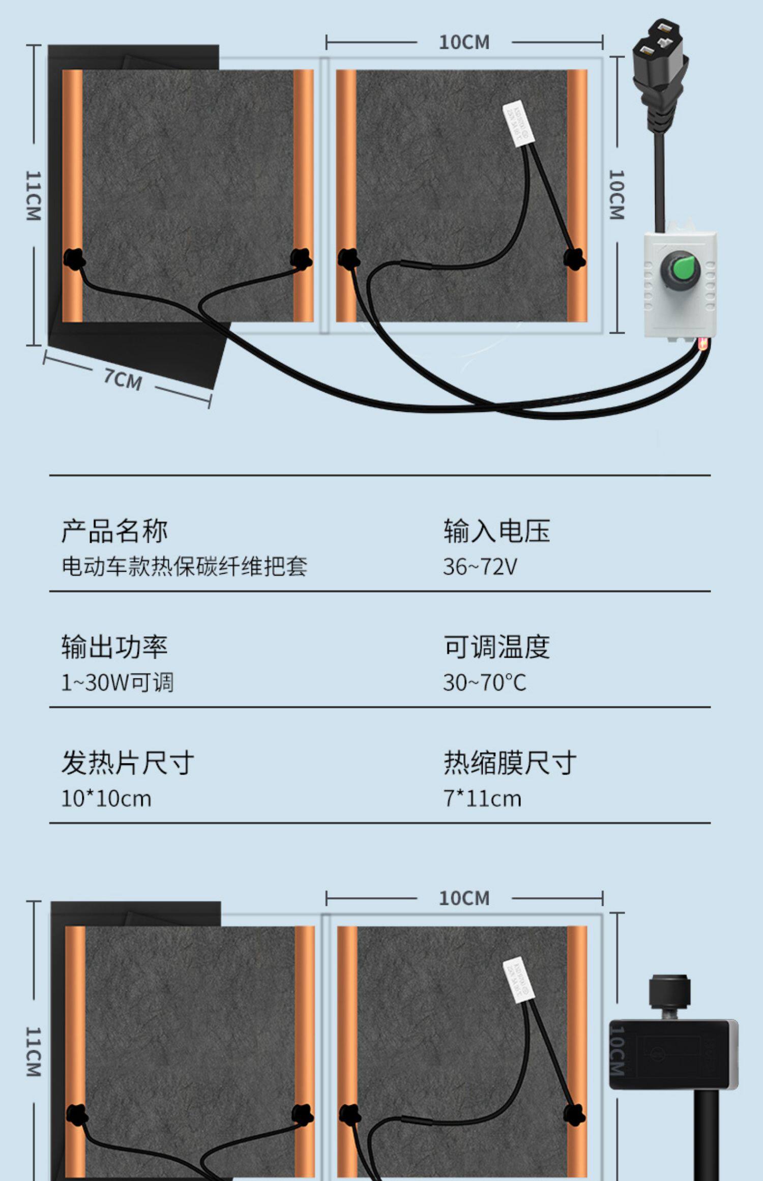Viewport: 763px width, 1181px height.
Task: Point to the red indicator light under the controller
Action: (x=703, y=345)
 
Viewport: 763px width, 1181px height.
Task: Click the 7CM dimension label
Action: (x=123, y=379)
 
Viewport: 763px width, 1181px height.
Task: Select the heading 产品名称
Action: (x=114, y=531)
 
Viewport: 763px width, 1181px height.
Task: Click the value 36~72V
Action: (x=480, y=567)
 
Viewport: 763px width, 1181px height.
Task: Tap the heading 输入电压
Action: (x=496, y=531)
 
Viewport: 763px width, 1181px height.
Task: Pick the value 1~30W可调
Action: (x=118, y=683)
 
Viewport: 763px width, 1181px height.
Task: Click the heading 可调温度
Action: (x=496, y=647)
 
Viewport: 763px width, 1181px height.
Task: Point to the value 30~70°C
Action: (x=484, y=683)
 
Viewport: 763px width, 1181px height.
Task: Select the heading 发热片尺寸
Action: (x=128, y=763)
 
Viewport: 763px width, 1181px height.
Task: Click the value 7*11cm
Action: (x=482, y=799)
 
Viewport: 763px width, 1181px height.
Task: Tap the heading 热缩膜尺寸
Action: (x=510, y=763)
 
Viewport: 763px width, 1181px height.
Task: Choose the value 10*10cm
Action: (x=106, y=799)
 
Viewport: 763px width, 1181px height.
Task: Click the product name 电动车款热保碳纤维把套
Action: (x=184, y=567)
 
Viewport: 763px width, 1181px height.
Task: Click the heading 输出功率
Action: (x=114, y=647)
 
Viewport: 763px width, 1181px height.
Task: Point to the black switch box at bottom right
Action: (x=673, y=1054)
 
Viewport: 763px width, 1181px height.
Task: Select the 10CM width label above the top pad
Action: (x=464, y=42)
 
